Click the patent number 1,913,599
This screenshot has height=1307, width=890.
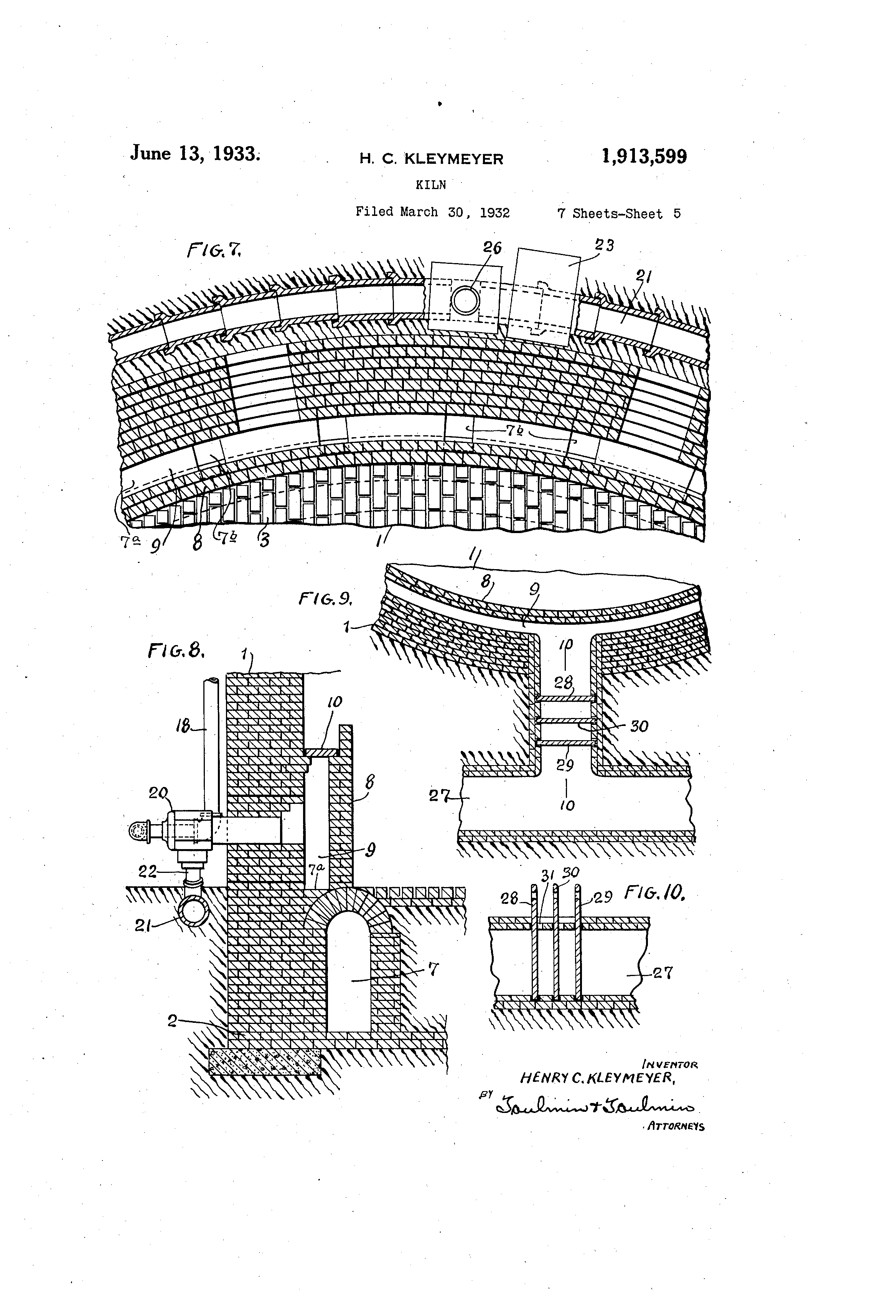pyautogui.click(x=644, y=156)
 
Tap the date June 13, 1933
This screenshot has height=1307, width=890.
pyautogui.click(x=194, y=153)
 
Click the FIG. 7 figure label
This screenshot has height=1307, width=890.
pyautogui.click(x=213, y=249)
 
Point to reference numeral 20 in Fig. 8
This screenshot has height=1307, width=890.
pyautogui.click(x=158, y=793)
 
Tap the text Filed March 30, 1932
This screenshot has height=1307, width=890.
pyautogui.click(x=432, y=212)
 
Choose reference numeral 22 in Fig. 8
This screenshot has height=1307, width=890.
pyautogui.click(x=148, y=871)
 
